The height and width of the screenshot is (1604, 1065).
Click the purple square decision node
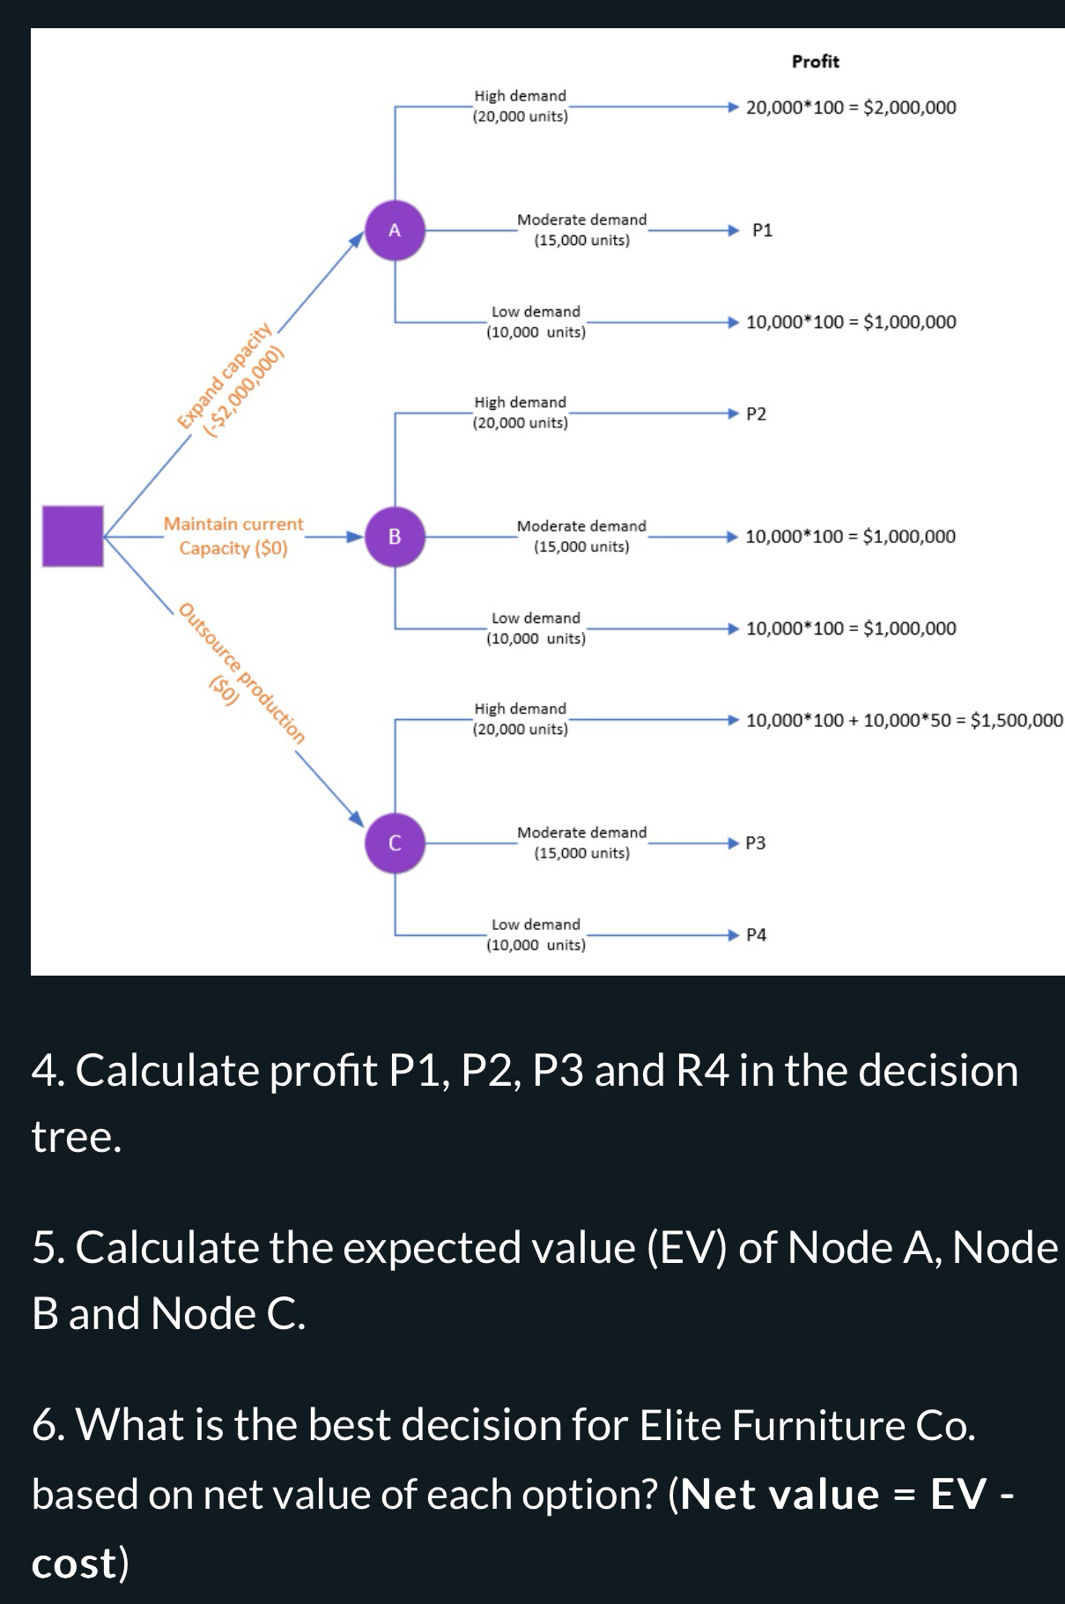[73, 536]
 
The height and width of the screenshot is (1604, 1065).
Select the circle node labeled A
[395, 231]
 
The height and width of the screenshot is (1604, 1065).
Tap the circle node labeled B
[395, 536]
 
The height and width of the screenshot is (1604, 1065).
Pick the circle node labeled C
[395, 843]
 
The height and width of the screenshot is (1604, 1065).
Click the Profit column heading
[815, 62]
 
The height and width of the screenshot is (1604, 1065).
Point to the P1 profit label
[762, 231]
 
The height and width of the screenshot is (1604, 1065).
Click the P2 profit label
[756, 414]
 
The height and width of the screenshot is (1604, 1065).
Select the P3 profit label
[755, 843]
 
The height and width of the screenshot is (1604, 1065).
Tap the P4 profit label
[756, 935]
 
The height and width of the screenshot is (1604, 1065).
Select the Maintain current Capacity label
[233, 536]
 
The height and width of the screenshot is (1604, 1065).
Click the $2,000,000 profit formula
[850, 108]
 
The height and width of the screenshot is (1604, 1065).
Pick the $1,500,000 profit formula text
[904, 721]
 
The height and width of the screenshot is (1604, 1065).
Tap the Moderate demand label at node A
[581, 230]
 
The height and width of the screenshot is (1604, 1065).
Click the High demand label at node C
[520, 719]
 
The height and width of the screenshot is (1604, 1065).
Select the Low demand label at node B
[536, 628]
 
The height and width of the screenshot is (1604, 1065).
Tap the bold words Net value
[780, 1495]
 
